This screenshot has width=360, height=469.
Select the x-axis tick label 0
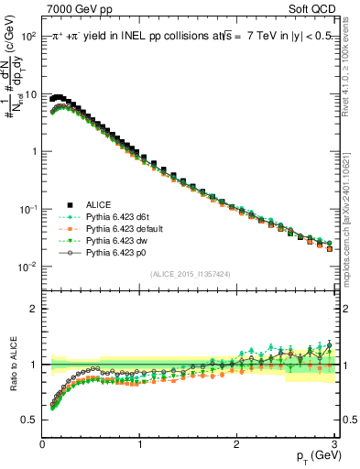click(x=42, y=444)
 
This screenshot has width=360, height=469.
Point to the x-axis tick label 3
click(x=333, y=444)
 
